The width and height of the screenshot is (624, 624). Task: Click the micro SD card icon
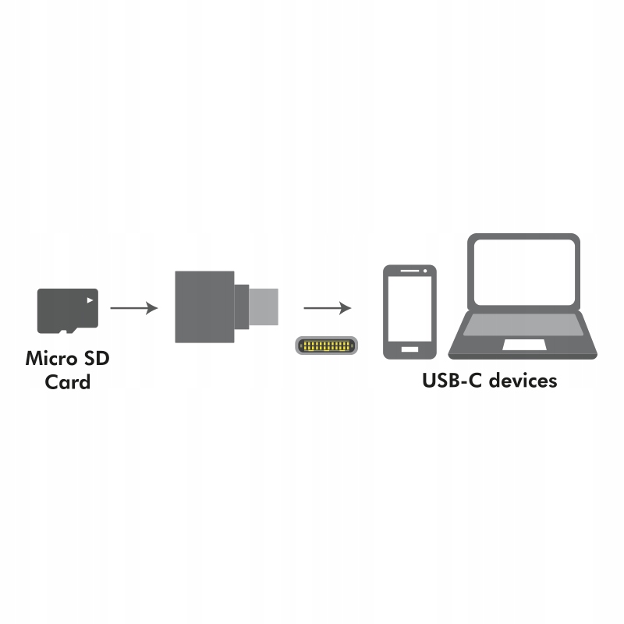pos(68,310)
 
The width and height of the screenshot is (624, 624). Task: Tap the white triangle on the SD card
pos(90,300)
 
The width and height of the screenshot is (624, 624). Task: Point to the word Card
pos(68,381)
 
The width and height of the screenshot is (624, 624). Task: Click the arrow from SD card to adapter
pos(134,308)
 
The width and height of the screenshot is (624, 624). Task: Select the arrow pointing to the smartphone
pos(327,308)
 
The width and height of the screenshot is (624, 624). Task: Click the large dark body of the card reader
pos(204,307)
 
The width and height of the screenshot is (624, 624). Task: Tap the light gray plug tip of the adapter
pos(264,307)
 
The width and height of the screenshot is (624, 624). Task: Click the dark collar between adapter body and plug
pos(242,307)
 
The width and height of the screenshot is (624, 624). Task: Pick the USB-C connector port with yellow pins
pos(326,346)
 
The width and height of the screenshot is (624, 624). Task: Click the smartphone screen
pos(409,308)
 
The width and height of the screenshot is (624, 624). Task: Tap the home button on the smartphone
pos(410,349)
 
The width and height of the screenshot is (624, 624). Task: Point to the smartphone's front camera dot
pos(425,271)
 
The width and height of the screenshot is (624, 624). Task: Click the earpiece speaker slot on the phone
pos(409,271)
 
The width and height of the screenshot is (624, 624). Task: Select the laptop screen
pos(523,272)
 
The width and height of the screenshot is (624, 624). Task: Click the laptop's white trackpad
pos(524,345)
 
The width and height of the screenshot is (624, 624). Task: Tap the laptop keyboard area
pos(523,324)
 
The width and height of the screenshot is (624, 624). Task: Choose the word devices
pos(523,380)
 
